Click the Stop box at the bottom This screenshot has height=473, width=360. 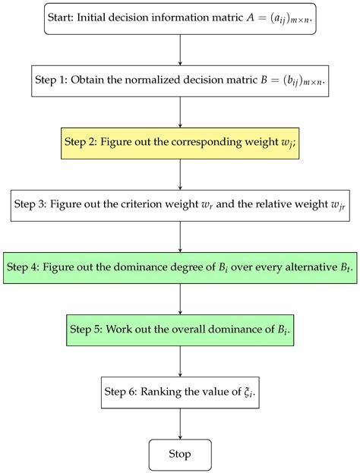click(180, 454)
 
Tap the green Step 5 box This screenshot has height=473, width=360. click(180, 330)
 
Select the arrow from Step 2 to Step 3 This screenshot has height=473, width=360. click(180, 174)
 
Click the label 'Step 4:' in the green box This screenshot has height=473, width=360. click(28, 267)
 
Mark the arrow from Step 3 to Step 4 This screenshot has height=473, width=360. click(180, 236)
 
